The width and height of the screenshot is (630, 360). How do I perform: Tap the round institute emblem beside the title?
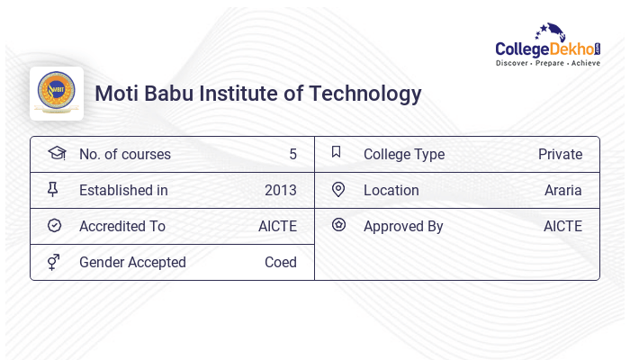(x=57, y=93)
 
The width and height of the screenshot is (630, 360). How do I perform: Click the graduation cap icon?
(x=56, y=153)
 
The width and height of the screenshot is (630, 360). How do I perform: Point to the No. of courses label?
(x=124, y=154)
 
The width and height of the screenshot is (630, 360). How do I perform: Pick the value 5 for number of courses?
(x=292, y=154)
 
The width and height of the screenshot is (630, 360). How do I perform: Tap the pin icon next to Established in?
(x=53, y=190)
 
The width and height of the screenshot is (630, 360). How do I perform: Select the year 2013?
(x=280, y=190)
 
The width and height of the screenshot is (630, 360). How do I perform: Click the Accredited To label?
(x=121, y=226)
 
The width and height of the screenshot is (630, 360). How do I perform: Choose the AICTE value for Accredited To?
(x=277, y=226)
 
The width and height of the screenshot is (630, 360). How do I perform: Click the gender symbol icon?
(x=53, y=262)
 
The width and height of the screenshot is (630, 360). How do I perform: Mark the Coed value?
(x=280, y=262)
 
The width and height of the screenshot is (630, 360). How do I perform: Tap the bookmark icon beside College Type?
(x=336, y=153)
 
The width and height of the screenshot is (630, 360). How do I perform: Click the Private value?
(x=560, y=154)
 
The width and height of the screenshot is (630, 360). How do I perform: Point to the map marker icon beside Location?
(x=338, y=189)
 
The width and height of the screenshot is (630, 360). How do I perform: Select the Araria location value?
(x=562, y=190)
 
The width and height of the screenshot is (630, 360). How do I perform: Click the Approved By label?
(x=402, y=226)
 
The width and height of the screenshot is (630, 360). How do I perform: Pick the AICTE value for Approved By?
(x=562, y=226)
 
